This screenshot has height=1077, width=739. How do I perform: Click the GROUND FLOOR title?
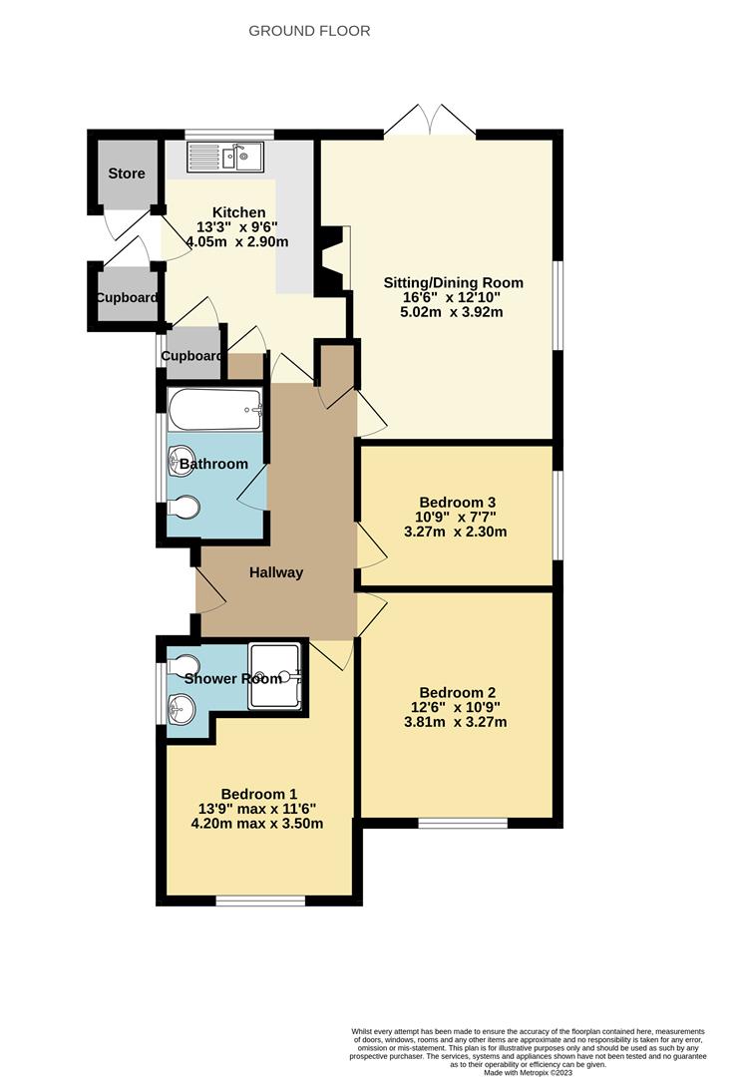tap(309, 31)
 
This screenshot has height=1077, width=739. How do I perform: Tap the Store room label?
tap(127, 174)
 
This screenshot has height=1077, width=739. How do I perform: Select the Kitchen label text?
tap(239, 212)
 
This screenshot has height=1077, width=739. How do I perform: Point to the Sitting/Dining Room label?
tap(454, 283)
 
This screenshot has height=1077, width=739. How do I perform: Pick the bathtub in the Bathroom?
tap(215, 409)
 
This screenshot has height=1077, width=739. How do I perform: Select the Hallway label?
tap(275, 572)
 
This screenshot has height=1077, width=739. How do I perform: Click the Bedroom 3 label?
tap(458, 503)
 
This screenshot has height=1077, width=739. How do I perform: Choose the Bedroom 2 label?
tap(458, 692)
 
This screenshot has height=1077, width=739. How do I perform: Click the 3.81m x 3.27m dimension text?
tap(458, 722)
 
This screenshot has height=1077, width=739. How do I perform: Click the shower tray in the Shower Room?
tap(273, 674)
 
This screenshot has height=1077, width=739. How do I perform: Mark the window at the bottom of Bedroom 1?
tap(260, 900)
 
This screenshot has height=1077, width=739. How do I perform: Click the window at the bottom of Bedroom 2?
tap(462, 823)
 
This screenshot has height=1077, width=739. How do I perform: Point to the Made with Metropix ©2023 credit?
tap(528, 1072)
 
